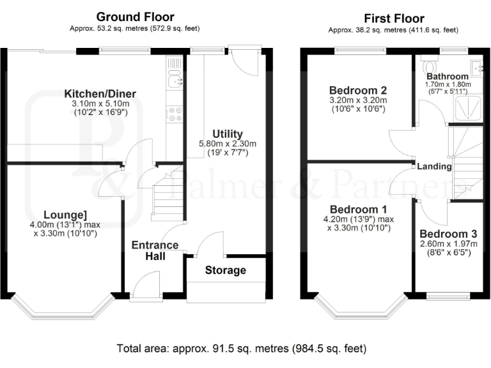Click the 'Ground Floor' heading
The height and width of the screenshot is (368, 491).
[135, 17]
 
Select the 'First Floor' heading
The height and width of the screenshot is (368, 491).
[393, 18]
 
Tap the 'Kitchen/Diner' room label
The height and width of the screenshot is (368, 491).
[100, 94]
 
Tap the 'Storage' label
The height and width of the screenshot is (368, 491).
[225, 270]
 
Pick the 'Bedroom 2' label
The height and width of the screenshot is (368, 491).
[358, 90]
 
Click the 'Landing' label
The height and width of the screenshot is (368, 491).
[434, 167]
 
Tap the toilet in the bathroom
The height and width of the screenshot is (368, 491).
[428, 66]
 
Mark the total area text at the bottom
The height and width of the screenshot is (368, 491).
[241, 349]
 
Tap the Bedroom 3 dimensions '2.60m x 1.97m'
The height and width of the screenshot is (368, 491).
[448, 244]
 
